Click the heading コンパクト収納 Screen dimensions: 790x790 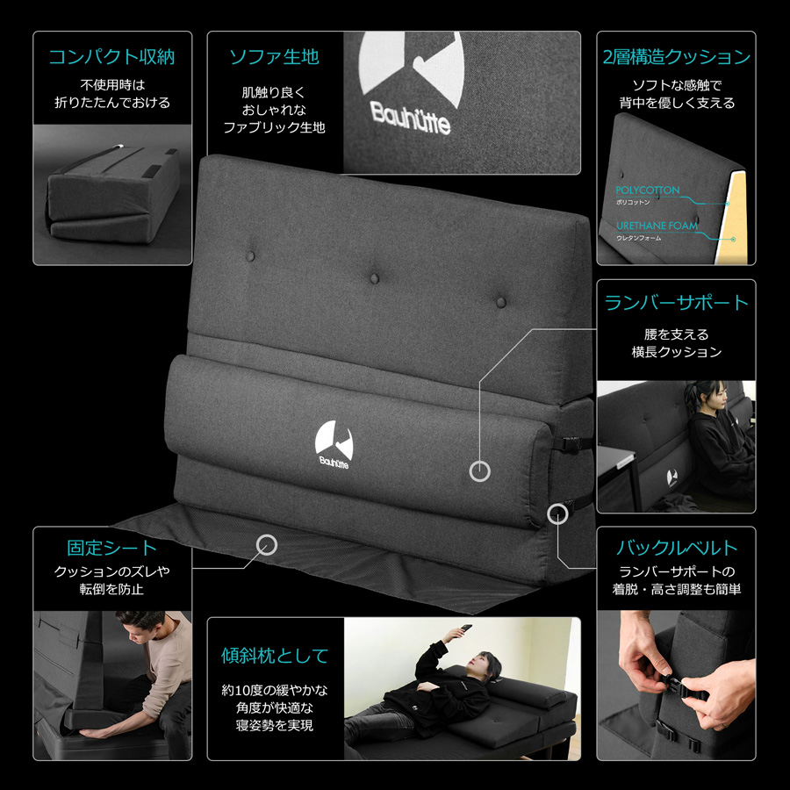tap(111, 56)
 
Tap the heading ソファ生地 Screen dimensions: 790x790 tap(274, 56)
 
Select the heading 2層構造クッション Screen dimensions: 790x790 tap(676, 56)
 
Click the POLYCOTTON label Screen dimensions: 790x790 tap(648, 190)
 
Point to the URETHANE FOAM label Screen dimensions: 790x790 tap(657, 226)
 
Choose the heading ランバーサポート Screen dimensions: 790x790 tap(676, 302)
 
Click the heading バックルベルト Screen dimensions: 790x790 tap(676, 547)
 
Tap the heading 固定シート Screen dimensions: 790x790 tap(111, 547)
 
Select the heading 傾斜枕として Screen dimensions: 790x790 tap(275, 656)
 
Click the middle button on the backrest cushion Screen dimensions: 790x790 tap(374, 278)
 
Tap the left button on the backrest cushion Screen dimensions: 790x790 tap(250, 256)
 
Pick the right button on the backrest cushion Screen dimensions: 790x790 tap(501, 302)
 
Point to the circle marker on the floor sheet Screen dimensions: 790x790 tap(267, 545)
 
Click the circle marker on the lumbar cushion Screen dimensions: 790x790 tap(479, 471)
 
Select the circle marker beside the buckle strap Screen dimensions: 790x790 tap(557, 513)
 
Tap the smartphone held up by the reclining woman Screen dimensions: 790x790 tap(465, 629)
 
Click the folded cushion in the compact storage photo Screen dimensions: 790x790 tap(113, 194)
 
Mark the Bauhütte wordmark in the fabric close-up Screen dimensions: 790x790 tap(410, 118)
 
